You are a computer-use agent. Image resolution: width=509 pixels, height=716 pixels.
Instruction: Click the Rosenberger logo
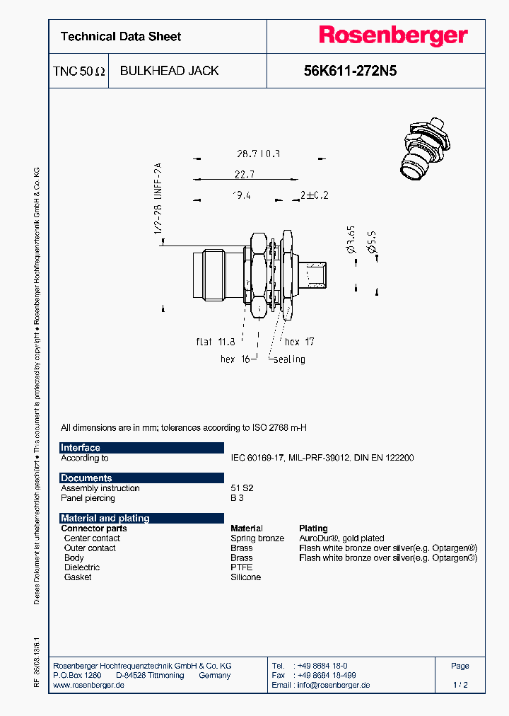393,36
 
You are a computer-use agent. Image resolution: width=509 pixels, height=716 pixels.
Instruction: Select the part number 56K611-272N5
349,71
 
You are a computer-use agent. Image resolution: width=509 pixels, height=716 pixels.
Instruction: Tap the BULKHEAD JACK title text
169,71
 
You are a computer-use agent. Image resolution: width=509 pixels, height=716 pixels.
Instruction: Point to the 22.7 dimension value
241,174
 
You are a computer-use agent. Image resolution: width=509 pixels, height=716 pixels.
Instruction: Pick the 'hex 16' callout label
236,359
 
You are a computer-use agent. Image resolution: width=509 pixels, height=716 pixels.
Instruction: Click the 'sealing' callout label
289,359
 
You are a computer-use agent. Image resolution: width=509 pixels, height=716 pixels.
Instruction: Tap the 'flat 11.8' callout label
216,342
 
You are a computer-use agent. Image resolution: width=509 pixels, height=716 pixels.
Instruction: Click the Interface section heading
81,448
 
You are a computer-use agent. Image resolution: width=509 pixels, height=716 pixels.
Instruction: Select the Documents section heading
86,478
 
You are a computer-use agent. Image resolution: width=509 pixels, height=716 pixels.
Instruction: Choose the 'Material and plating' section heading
105,518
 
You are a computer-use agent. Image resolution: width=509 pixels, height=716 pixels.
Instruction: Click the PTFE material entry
242,567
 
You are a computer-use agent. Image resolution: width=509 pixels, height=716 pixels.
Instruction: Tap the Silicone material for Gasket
246,577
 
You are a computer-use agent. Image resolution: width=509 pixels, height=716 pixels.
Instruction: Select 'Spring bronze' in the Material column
257,538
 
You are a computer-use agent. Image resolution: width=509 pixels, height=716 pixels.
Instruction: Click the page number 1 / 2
460,685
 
